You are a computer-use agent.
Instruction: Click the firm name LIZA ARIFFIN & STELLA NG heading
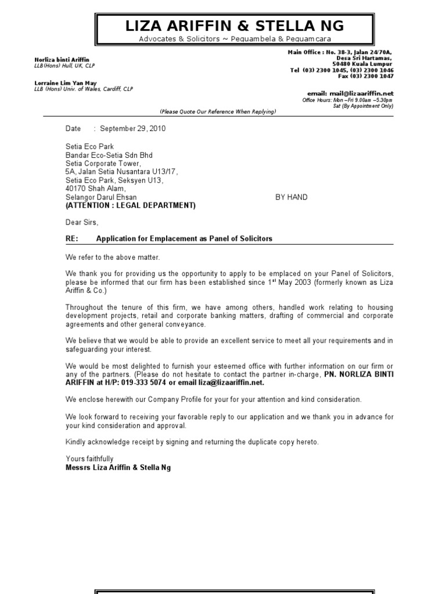235,26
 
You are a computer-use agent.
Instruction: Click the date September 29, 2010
133,129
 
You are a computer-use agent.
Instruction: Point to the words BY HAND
291,197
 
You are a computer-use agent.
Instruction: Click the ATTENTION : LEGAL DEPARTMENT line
130,205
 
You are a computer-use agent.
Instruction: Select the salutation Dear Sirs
82,222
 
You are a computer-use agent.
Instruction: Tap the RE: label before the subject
72,238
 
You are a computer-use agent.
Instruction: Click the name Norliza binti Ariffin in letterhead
61,60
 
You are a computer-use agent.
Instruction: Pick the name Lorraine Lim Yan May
65,83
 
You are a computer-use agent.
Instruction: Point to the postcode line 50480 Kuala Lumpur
365,64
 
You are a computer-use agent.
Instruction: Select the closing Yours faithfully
89,459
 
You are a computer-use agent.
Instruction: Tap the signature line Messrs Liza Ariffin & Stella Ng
118,467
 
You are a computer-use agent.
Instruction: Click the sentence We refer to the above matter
112,257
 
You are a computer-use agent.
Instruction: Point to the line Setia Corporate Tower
103,164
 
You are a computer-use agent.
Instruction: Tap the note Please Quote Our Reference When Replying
218,111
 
